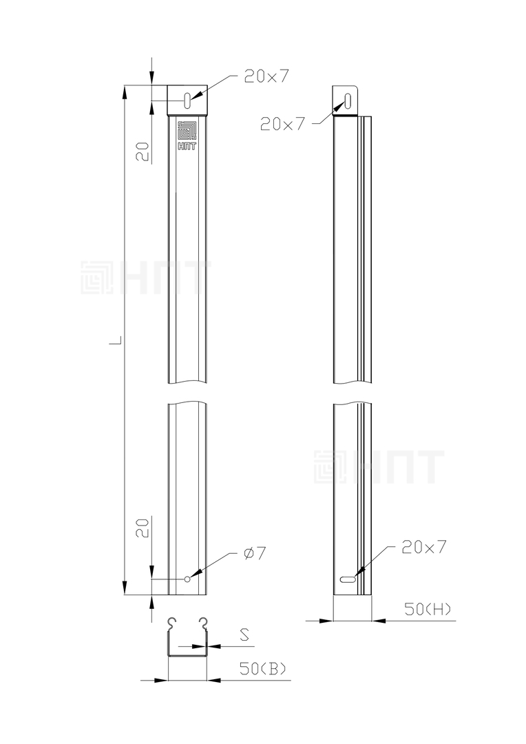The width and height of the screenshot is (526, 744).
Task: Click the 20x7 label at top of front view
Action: (266, 76)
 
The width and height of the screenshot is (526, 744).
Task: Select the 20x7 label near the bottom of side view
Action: (423, 547)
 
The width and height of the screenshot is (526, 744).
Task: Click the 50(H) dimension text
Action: (428, 609)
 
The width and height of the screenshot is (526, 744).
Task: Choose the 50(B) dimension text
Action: (263, 669)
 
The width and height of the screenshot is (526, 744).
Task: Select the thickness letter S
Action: (244, 634)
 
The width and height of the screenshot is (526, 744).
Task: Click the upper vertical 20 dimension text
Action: (144, 152)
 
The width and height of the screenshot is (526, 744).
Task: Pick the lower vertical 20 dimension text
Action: (144, 527)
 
